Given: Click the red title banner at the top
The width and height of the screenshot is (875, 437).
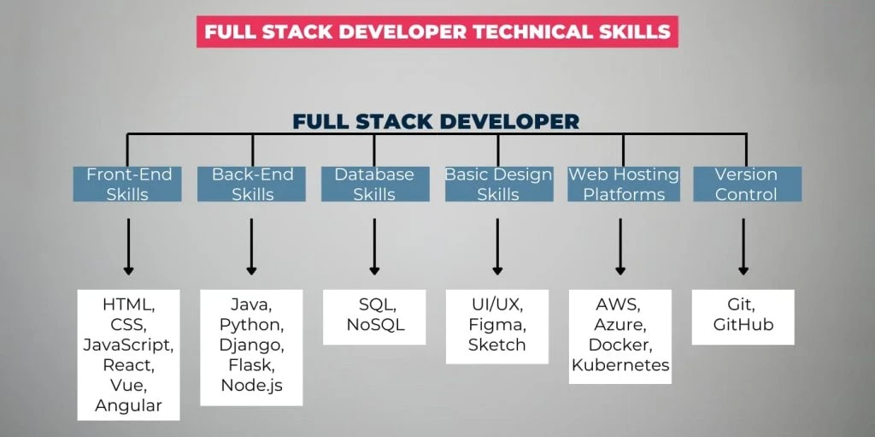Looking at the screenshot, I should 437,32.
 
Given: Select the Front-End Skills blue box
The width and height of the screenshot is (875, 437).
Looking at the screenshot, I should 128,184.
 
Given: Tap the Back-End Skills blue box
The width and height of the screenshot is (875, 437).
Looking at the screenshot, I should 251,184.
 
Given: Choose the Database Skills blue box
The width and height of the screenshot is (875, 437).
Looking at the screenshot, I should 374,184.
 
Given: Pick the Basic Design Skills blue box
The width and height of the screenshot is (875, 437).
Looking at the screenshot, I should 498,184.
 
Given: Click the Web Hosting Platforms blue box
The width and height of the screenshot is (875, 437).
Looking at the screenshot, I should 623,184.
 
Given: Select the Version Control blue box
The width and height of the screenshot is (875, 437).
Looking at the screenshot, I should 746,184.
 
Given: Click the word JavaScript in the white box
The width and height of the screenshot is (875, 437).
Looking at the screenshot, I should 128,345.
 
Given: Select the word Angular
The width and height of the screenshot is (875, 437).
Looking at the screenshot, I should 128,405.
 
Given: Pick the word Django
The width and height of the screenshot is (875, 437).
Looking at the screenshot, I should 251,345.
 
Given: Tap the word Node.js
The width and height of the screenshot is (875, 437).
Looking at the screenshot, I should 251,385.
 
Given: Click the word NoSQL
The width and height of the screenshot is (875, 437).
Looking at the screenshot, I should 374,325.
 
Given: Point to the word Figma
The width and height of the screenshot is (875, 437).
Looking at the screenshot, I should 497,325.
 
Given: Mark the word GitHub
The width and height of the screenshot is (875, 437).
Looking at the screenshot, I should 743,325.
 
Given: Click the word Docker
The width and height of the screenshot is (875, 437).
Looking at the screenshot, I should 620,345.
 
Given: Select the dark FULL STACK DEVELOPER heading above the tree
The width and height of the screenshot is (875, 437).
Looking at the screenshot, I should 436,121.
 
